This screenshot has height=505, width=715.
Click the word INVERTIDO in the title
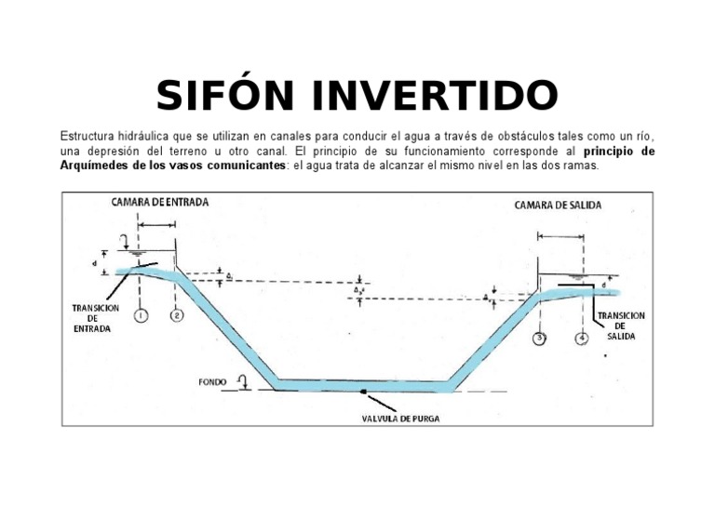(x=435, y=95)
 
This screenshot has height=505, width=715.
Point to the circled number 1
(x=140, y=315)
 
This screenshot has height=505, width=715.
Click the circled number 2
(x=176, y=315)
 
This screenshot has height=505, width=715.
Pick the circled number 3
(x=541, y=338)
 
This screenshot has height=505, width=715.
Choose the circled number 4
(x=582, y=338)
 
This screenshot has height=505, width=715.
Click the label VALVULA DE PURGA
(x=401, y=419)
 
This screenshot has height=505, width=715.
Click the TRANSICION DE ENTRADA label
(x=95, y=318)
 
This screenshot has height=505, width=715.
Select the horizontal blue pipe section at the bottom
(x=363, y=383)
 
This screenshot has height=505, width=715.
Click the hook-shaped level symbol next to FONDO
(x=242, y=380)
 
